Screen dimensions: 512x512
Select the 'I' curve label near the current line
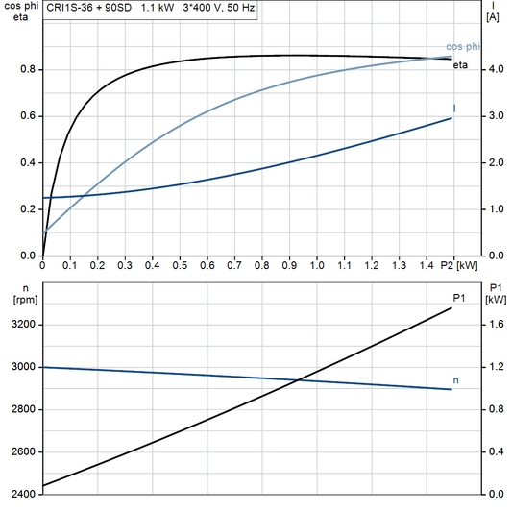click(x=453, y=109)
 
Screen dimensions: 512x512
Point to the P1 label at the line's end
click(x=459, y=300)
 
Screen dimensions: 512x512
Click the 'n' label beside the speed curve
click(x=455, y=380)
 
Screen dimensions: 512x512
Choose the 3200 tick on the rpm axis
click(x=21, y=325)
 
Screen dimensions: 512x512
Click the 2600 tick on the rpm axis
click(x=21, y=452)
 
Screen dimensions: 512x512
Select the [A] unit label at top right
click(x=492, y=17)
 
